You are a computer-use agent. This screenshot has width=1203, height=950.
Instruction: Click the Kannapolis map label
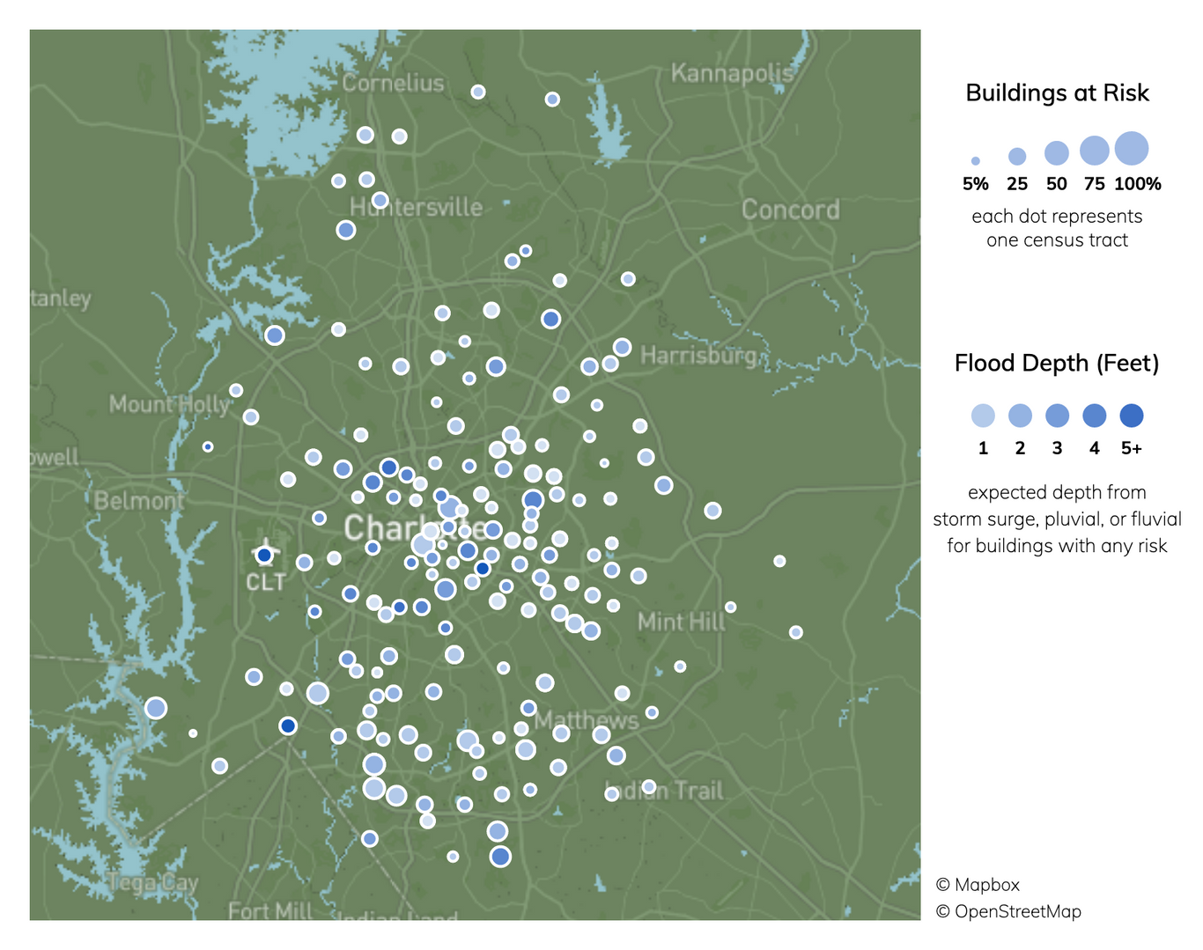click(x=732, y=73)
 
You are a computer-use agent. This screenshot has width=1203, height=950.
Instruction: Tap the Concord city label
click(x=790, y=210)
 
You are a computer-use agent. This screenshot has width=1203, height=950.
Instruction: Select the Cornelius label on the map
click(x=393, y=83)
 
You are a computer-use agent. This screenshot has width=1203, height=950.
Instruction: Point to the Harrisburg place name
click(x=697, y=355)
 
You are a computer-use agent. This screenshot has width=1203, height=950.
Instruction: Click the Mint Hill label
click(x=681, y=622)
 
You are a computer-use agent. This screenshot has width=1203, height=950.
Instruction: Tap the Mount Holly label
click(x=168, y=404)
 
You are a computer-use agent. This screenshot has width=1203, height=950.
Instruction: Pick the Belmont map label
click(x=139, y=501)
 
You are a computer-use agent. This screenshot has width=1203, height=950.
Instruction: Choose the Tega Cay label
click(x=153, y=882)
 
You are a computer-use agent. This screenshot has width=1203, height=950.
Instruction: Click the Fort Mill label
click(x=269, y=910)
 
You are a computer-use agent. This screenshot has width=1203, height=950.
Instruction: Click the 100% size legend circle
click(x=1132, y=149)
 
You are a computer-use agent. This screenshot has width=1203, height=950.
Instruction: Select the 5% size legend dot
click(x=975, y=161)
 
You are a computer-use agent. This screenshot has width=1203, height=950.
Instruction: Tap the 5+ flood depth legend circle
click(x=1131, y=416)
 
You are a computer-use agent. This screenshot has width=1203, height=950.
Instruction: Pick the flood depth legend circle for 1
click(x=983, y=416)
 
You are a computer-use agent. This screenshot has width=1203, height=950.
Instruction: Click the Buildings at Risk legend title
click(x=1057, y=92)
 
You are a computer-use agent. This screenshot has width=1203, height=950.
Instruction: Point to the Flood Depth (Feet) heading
click(x=1056, y=363)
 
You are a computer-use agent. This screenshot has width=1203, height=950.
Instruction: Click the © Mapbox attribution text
click(x=977, y=885)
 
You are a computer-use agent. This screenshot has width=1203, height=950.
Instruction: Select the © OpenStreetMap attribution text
click(x=1007, y=911)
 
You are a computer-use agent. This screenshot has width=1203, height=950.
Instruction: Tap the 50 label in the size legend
click(x=1056, y=184)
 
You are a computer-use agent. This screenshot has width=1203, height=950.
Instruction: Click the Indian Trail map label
click(x=665, y=791)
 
